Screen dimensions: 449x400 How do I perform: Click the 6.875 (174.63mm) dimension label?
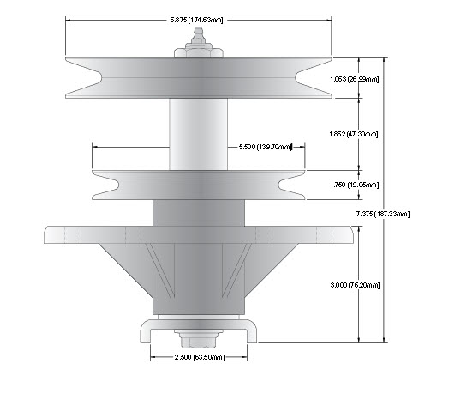pyautogui.click(x=196, y=20)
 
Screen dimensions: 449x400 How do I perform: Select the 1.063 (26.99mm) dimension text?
pyautogui.click(x=355, y=79)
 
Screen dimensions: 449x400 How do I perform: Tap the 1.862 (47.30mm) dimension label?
pyautogui.click(x=354, y=134)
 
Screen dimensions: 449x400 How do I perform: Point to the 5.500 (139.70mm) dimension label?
pyautogui.click(x=265, y=147)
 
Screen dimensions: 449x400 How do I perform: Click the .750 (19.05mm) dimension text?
pyautogui.click(x=356, y=185)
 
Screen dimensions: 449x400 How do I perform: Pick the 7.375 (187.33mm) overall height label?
pyautogui.click(x=383, y=214)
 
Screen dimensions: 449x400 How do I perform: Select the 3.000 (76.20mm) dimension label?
pyautogui.click(x=355, y=285)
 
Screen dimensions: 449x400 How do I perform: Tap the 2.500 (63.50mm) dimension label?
pyautogui.click(x=200, y=357)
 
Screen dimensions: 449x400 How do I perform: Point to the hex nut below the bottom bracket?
pyautogui.click(x=198, y=339)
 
